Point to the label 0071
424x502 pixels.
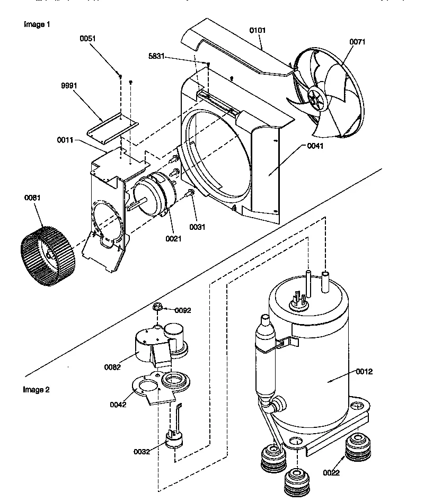click(357, 42)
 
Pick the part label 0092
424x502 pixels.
click(183, 310)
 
